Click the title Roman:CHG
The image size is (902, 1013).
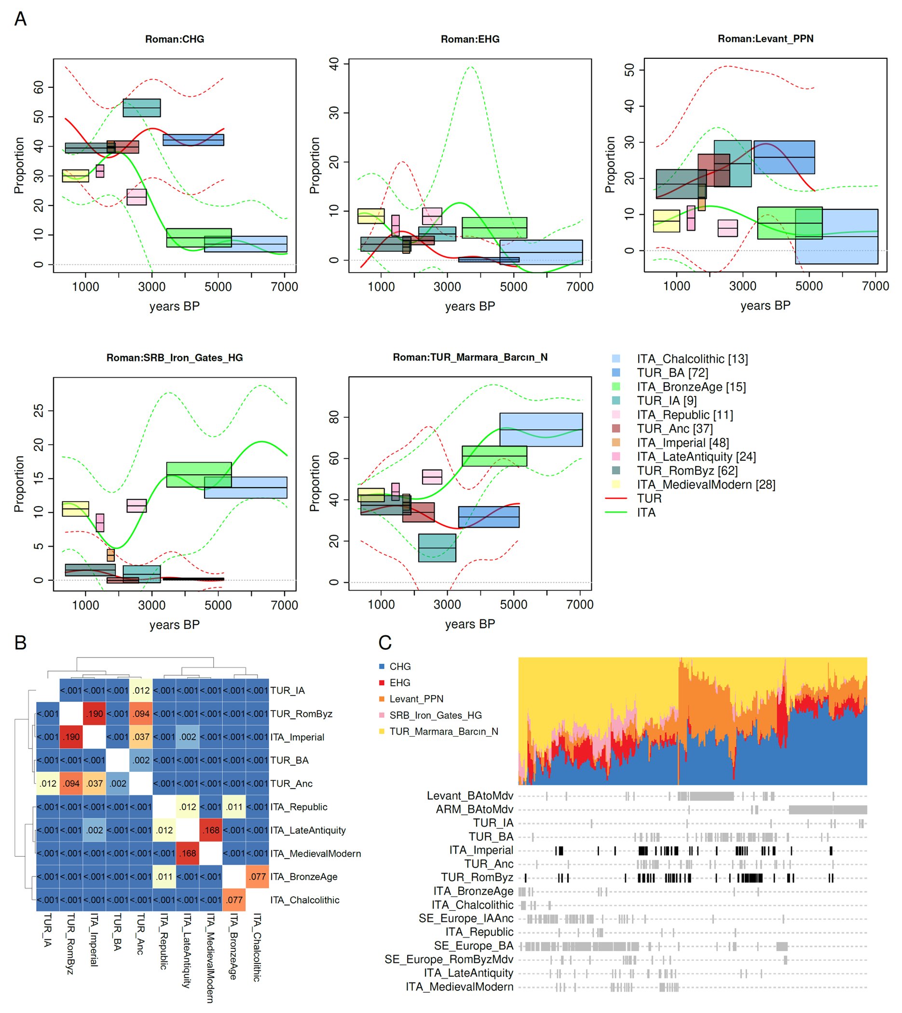tap(175, 39)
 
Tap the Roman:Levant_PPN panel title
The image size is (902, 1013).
tap(765, 39)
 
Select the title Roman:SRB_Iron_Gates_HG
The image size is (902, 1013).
tap(175, 358)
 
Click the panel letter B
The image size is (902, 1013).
tap(20, 643)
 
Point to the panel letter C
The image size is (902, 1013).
tap(385, 643)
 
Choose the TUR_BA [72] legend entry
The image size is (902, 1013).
tap(672, 373)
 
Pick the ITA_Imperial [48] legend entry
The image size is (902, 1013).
tap(683, 442)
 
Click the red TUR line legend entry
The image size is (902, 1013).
tap(649, 498)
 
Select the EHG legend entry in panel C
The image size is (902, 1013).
tap(399, 683)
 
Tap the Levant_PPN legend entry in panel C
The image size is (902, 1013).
tap(416, 699)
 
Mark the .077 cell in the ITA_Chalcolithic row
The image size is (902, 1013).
tap(234, 900)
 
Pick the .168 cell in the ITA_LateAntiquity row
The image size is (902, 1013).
tap(211, 830)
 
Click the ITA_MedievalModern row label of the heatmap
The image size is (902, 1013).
tap(315, 853)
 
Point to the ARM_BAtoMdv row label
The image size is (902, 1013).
tap(474, 809)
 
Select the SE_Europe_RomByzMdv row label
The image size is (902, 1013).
tap(449, 959)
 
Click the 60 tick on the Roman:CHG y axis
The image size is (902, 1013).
tap(39, 87)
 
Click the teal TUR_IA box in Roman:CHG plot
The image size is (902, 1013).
tap(142, 108)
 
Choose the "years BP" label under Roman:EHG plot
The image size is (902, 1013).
tap(470, 306)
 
